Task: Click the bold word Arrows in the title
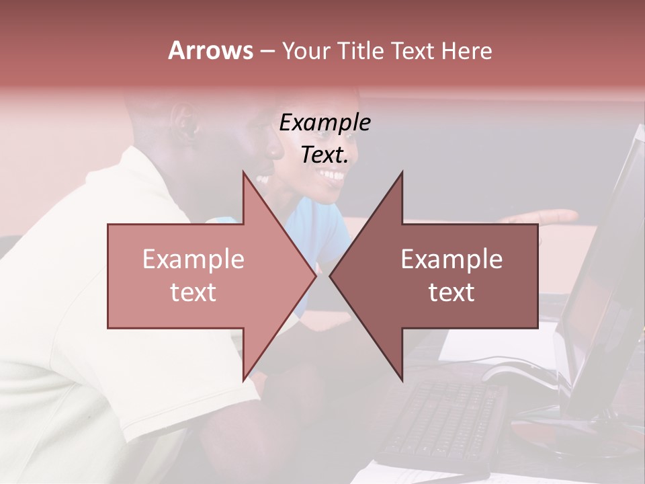pyautogui.click(x=210, y=50)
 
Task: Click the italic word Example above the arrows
pyautogui.click(x=325, y=123)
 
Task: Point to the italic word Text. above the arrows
pyautogui.click(x=325, y=155)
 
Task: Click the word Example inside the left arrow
pyautogui.click(x=193, y=259)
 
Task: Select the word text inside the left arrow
pyautogui.click(x=193, y=292)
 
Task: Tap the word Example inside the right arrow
pyautogui.click(x=451, y=259)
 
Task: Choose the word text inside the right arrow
pyautogui.click(x=451, y=292)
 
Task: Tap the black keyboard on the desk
pyautogui.click(x=443, y=420)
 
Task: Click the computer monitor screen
pyautogui.click(x=605, y=282)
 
